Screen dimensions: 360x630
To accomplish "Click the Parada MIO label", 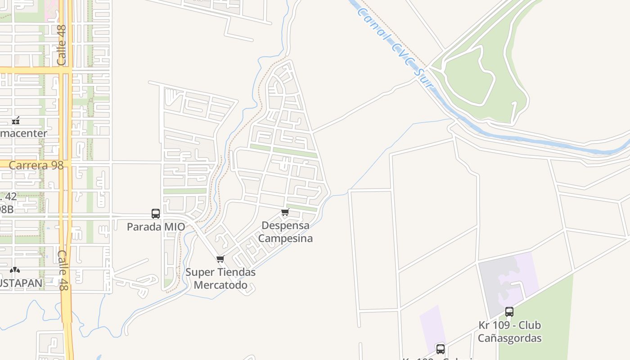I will [x=156, y=227].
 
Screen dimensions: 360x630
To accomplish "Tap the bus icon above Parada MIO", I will [x=156, y=214].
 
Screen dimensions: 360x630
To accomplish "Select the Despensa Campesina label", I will [x=285, y=232].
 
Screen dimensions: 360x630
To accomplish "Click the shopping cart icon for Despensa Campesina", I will [x=285, y=212].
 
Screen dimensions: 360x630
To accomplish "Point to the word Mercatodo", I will [x=220, y=285].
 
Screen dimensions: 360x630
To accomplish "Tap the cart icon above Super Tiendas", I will [x=220, y=259].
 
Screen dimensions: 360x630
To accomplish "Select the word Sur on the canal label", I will [x=421, y=76].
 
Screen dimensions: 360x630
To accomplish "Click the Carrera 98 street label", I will [x=36, y=165].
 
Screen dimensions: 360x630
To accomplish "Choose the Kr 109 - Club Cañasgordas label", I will [x=509, y=332].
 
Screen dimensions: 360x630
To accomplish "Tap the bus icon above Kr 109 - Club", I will [x=509, y=311].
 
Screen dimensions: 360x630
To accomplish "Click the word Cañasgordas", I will [x=509, y=338].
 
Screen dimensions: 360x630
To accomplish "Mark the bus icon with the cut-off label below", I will [x=441, y=349].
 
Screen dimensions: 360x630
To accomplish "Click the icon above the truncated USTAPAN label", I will [x=15, y=270].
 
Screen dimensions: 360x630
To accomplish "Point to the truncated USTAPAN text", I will [x=21, y=283].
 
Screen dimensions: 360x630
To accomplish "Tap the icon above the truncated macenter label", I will [x=16, y=121].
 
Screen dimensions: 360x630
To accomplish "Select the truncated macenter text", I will [x=23, y=134].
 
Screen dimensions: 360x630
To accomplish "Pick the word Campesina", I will [x=285, y=238].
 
